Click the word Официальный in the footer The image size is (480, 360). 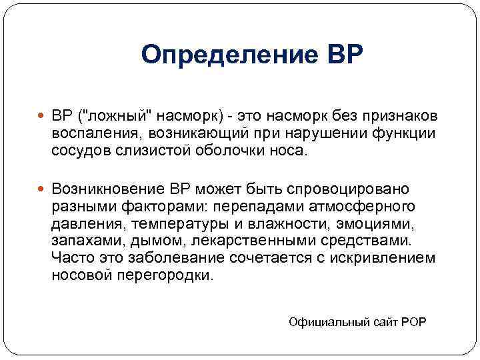pyautogui.click(x=326, y=321)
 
